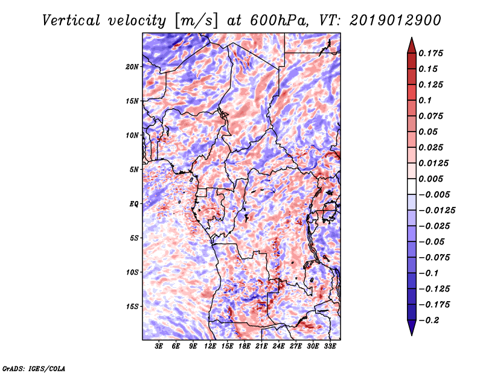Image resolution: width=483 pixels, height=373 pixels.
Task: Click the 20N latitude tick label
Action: (132, 66)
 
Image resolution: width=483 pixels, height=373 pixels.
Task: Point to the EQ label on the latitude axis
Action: (134, 203)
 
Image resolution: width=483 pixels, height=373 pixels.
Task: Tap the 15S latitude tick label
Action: (132, 307)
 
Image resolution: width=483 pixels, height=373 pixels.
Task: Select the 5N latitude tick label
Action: (134, 170)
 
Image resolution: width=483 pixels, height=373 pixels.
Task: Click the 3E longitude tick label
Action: (159, 346)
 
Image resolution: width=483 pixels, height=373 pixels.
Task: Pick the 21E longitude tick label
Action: (261, 346)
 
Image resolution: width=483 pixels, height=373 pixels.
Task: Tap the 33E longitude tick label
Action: (330, 346)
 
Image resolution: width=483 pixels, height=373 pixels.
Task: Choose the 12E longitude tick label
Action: (210, 346)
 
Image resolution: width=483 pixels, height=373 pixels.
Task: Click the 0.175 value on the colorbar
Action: (430, 53)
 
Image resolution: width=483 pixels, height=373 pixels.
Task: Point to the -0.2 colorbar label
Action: (429, 320)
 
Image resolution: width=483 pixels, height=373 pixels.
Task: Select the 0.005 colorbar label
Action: (430, 179)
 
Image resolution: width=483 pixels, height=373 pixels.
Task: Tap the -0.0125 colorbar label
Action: (437, 211)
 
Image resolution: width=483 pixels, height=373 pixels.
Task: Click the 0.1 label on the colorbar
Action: (425, 100)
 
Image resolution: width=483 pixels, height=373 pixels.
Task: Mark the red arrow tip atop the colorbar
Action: (412, 37)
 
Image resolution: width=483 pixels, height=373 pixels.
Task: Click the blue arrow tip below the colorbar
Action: (412, 335)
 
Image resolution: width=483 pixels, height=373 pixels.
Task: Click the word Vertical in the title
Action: (71, 21)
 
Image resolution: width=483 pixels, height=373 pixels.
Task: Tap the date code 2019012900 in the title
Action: (395, 21)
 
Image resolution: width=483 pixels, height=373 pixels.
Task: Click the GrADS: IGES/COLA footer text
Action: (34, 368)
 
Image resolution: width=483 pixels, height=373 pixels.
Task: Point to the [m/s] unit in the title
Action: (196, 21)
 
